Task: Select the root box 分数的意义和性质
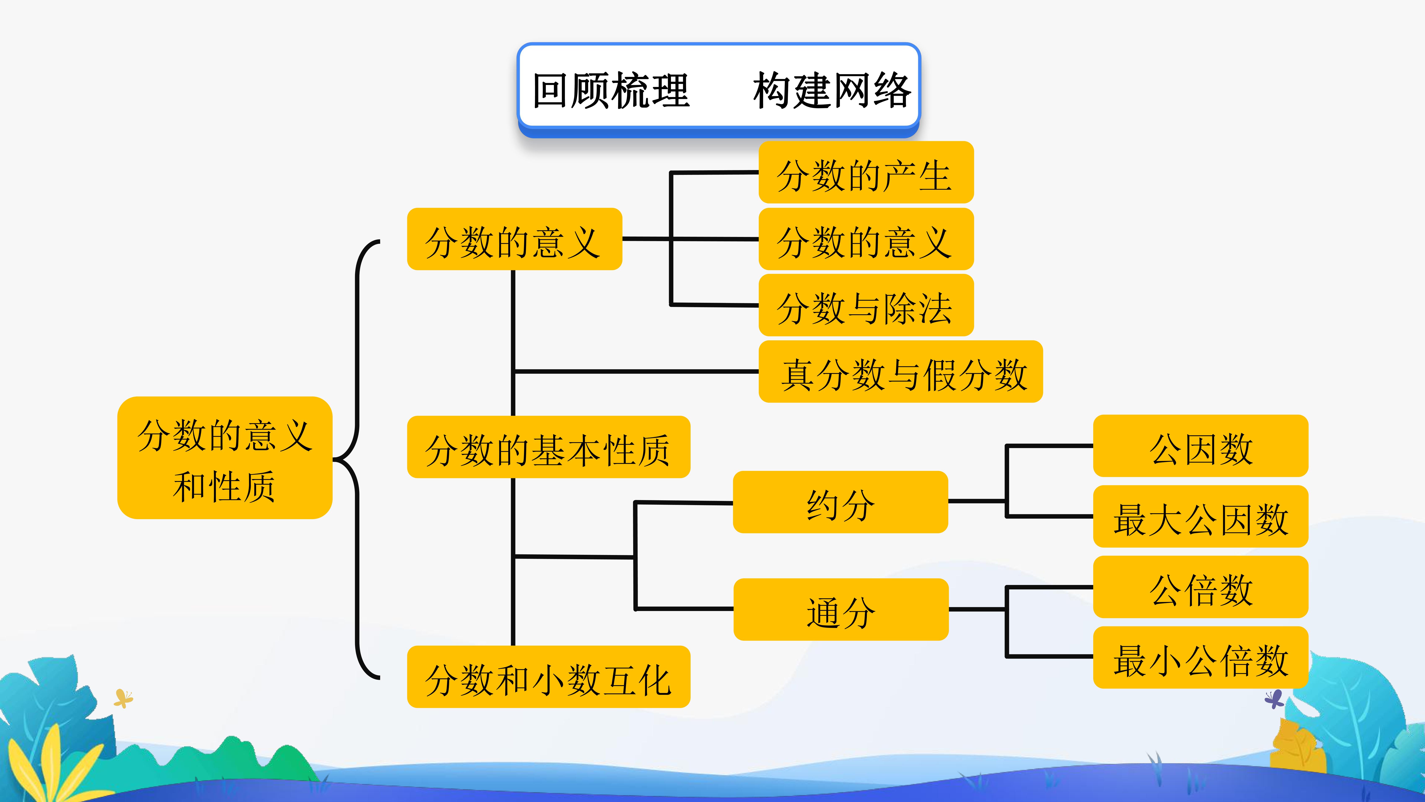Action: click(225, 458)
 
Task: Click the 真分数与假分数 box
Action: click(901, 371)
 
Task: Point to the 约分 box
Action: click(840, 502)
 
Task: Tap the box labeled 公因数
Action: click(1200, 446)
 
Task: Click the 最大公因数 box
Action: click(1200, 516)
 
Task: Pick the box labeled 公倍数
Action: click(1200, 587)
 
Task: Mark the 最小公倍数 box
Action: click(1200, 658)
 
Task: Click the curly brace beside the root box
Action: click(357, 459)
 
